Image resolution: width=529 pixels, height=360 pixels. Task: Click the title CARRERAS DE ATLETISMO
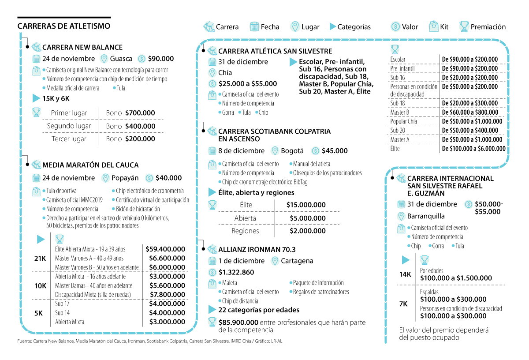pos(64,26)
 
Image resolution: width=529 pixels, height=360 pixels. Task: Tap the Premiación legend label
pos(488,27)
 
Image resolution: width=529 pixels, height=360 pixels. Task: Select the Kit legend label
pos(444,27)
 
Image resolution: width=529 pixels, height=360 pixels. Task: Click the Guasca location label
pos(121,59)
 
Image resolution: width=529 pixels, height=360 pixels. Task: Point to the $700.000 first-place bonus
pos(140,113)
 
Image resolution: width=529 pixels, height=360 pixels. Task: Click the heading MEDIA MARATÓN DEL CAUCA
pos(90,165)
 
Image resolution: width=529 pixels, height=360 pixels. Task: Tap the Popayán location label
pos(125,178)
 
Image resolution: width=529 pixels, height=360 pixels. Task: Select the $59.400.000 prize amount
pos(165,249)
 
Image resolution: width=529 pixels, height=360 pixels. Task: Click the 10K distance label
pos(40,286)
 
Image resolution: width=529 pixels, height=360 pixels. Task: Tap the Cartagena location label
pos(297,261)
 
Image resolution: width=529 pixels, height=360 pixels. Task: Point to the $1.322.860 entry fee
pos(236,272)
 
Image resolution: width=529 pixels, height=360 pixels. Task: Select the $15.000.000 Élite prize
pos(306,205)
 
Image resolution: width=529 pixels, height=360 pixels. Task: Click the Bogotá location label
pos(293,151)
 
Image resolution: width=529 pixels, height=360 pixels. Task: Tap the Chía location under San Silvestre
pos(225,73)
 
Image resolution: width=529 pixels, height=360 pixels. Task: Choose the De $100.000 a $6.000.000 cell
pos(473,149)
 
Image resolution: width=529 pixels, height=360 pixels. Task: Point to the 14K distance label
pos(405,274)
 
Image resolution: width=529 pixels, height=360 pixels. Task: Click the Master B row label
pos(400,112)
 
